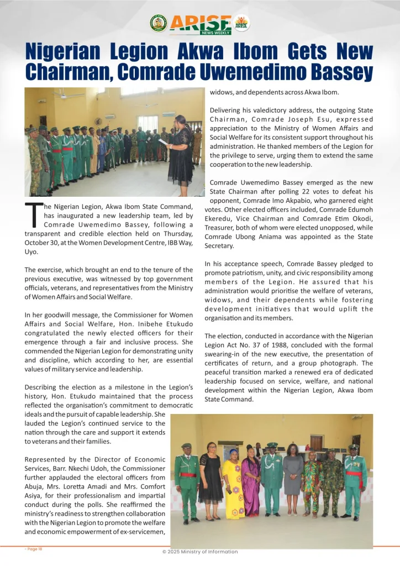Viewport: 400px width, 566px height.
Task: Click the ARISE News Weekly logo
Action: point(200,24)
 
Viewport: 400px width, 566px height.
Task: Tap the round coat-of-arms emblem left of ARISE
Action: point(159,23)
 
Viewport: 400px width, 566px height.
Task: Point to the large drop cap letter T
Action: point(34,215)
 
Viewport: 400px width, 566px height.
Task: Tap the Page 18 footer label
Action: point(34,549)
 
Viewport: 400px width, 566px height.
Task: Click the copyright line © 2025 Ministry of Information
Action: point(200,552)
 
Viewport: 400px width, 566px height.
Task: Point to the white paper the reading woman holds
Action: point(163,141)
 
